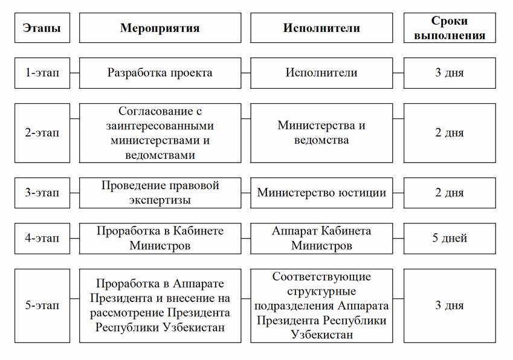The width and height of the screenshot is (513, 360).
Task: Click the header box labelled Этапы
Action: [x=42, y=28]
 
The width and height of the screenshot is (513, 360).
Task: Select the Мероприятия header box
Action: [x=160, y=28]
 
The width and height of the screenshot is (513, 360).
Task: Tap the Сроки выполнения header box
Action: [x=457, y=28]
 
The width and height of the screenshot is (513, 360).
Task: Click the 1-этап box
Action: [x=42, y=72]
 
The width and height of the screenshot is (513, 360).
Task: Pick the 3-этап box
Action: [x=42, y=193]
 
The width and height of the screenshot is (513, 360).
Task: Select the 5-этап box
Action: [x=42, y=305]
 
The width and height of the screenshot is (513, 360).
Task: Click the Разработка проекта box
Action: [x=160, y=72]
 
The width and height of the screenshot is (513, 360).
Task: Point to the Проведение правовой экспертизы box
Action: [x=160, y=193]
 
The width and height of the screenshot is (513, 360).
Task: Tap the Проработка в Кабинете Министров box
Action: [x=160, y=238]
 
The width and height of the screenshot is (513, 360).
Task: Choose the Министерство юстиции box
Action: [x=321, y=193]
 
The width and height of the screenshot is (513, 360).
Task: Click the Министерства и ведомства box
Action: [x=321, y=133]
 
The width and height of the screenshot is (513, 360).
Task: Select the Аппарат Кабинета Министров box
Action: [x=321, y=238]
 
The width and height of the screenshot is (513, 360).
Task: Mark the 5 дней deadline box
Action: [x=449, y=238]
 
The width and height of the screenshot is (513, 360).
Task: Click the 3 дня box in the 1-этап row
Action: [x=449, y=72]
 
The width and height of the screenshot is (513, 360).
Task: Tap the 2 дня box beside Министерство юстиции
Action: [x=449, y=193]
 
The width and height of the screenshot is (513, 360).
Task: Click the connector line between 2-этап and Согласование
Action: [x=74, y=133]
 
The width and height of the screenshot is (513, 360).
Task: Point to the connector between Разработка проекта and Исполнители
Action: [x=246, y=72]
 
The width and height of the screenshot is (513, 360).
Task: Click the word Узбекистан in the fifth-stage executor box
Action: [x=321, y=334]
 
